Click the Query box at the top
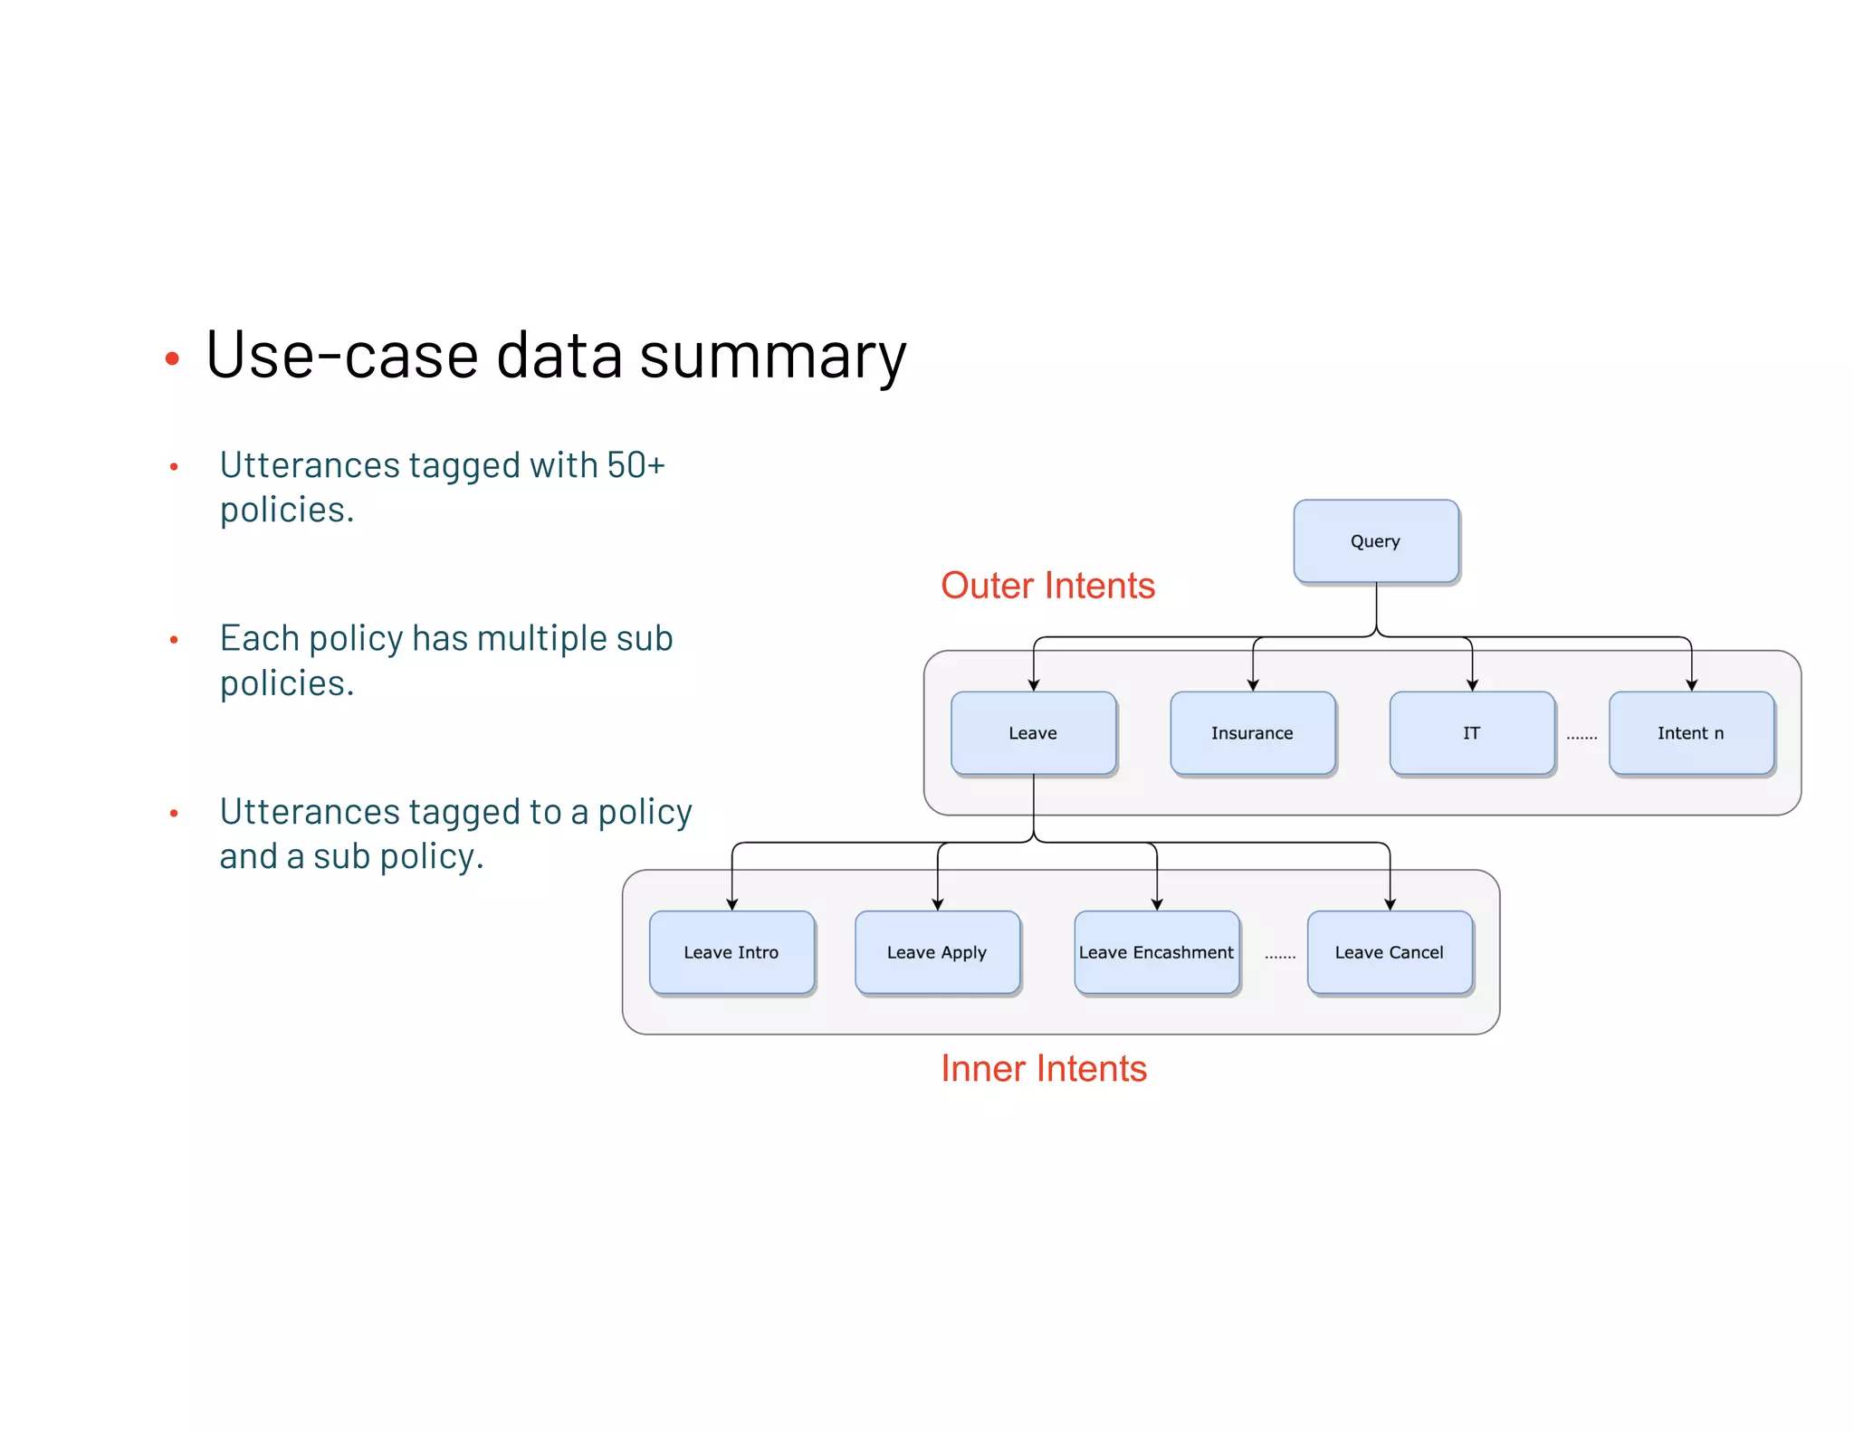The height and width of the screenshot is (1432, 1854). point(1375,541)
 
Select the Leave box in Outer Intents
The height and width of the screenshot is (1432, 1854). point(1033,733)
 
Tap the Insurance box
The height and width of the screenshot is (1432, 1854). point(1252,733)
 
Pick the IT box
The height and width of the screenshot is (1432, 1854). point(1471,733)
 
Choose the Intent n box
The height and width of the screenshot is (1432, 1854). point(1690,733)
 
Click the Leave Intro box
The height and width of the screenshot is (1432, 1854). point(731,952)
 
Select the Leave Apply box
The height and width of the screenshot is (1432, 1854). point(937,952)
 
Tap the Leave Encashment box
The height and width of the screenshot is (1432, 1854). point(1156,952)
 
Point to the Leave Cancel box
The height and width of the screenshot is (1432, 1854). point(1390,952)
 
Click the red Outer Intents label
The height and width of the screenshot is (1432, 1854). point(1047,586)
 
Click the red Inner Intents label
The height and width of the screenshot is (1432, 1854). point(1043,1069)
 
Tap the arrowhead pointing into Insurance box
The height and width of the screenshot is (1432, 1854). point(1253,685)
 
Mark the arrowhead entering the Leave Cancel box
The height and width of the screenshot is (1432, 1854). point(1390,904)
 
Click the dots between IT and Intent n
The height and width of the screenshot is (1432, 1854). point(1582,738)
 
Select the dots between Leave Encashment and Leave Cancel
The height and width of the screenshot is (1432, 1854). point(1280,957)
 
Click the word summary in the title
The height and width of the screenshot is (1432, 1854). point(772,358)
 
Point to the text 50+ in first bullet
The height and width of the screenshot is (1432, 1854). point(636,465)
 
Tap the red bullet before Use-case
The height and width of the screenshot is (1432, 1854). point(172,359)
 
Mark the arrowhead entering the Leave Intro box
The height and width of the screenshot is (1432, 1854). point(732,904)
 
